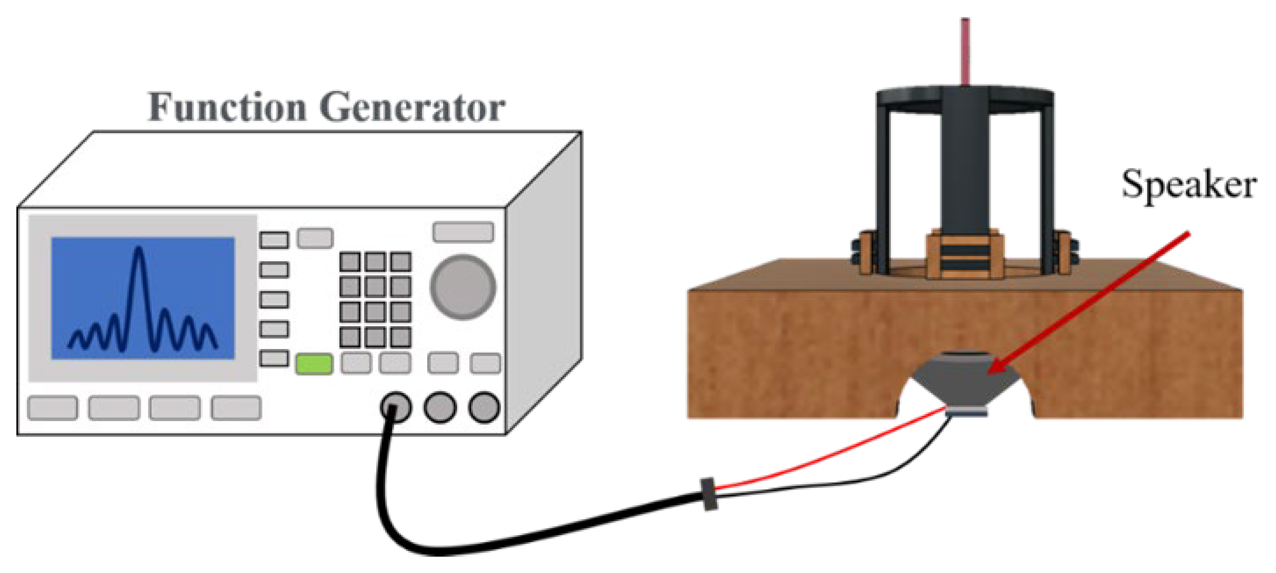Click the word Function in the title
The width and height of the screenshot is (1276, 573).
pyautogui.click(x=227, y=108)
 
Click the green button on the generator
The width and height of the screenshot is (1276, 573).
pyautogui.click(x=314, y=364)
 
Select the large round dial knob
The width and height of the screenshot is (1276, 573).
pyautogui.click(x=463, y=287)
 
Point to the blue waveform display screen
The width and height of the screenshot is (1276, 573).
pyautogui.click(x=143, y=298)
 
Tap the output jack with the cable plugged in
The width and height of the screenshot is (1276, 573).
pyautogui.click(x=395, y=407)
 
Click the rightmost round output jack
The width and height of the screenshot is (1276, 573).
pyautogui.click(x=484, y=407)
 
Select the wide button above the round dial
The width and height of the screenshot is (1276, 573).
pyautogui.click(x=463, y=232)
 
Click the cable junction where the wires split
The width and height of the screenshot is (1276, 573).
pyautogui.click(x=709, y=494)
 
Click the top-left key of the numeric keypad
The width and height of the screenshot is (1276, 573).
pyautogui.click(x=350, y=261)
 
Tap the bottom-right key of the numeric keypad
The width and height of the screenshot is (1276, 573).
pyautogui.click(x=400, y=337)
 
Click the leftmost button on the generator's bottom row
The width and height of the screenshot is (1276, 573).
pyautogui.click(x=52, y=408)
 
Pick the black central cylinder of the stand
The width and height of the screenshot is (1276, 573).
pyautogui.click(x=965, y=163)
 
